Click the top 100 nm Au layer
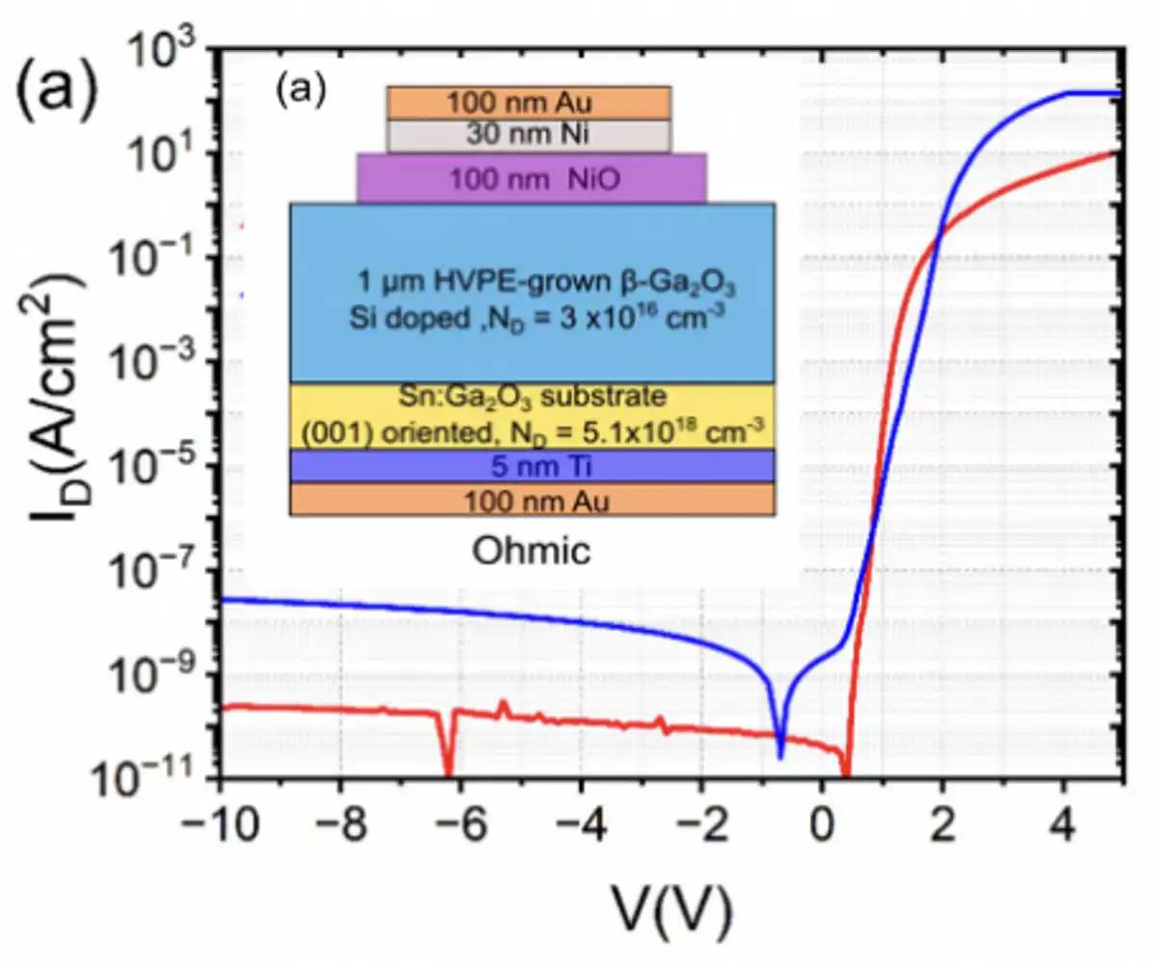(x=529, y=102)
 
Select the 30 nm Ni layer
(x=529, y=136)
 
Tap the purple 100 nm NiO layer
(x=532, y=178)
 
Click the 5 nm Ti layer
(x=533, y=466)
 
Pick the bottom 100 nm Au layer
(x=533, y=500)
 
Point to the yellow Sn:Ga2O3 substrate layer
(x=533, y=415)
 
